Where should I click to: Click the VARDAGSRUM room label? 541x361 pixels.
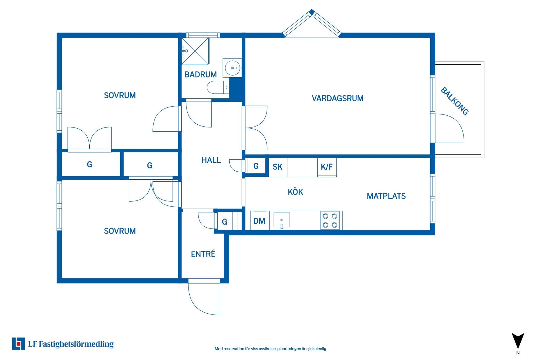pos(338,98)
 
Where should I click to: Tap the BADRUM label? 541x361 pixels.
pos(201,74)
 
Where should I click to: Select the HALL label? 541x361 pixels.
pos(211,160)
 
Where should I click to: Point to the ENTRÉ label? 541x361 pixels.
pos(203,254)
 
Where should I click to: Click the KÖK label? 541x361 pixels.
pos(295,192)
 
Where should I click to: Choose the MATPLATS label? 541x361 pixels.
pos(386,196)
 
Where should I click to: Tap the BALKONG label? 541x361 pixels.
pos(454,101)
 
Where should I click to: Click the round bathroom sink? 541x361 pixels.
pos(232,68)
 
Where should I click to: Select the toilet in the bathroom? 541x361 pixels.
pos(218,87)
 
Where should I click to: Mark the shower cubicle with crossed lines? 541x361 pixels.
pos(195,51)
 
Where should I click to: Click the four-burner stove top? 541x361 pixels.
pos(330,221)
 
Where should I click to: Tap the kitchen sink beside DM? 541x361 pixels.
pos(282,220)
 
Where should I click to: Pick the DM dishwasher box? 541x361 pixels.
pos(260,221)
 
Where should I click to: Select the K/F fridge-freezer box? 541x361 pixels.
pos(327,167)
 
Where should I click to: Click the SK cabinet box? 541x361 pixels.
pos(278,167)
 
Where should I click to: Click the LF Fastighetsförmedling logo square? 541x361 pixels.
pos(18,344)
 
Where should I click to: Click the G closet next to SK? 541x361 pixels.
pos(256,166)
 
